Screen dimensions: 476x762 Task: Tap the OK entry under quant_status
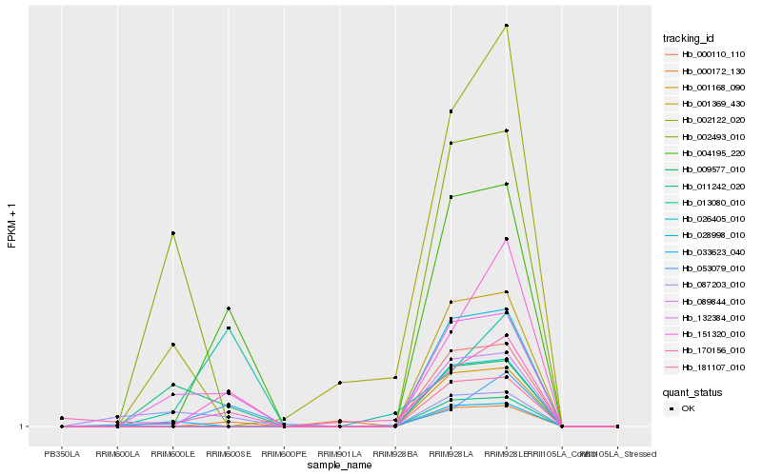(x=688, y=408)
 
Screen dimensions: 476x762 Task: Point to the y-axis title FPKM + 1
(x=11, y=225)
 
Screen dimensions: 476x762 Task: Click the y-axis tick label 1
(x=21, y=426)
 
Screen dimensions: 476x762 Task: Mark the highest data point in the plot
(x=507, y=26)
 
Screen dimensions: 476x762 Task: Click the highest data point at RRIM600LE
(x=172, y=233)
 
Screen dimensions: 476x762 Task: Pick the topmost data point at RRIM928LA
(x=451, y=111)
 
